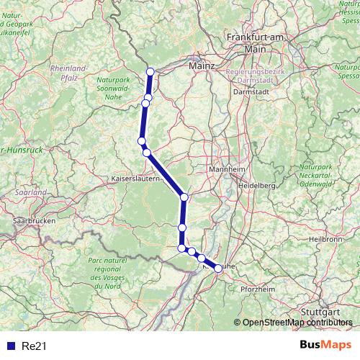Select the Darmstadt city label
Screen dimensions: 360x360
(251, 91)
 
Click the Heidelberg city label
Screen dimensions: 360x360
(258, 186)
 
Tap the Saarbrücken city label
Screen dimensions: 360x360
(33, 220)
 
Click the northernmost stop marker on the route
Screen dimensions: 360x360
(150, 71)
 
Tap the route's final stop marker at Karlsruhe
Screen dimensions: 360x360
(218, 269)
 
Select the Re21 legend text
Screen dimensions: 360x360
(35, 346)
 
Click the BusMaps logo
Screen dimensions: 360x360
(326, 346)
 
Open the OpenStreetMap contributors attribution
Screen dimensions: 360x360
(297, 322)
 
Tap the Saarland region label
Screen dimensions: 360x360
(30, 193)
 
